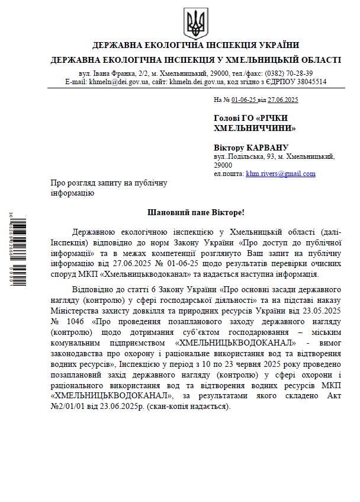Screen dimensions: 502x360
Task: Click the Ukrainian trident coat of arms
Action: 195,23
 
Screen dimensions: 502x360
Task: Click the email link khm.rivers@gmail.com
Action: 281,174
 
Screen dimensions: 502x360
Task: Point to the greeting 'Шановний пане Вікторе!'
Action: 195,212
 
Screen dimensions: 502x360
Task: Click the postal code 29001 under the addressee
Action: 224,165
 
